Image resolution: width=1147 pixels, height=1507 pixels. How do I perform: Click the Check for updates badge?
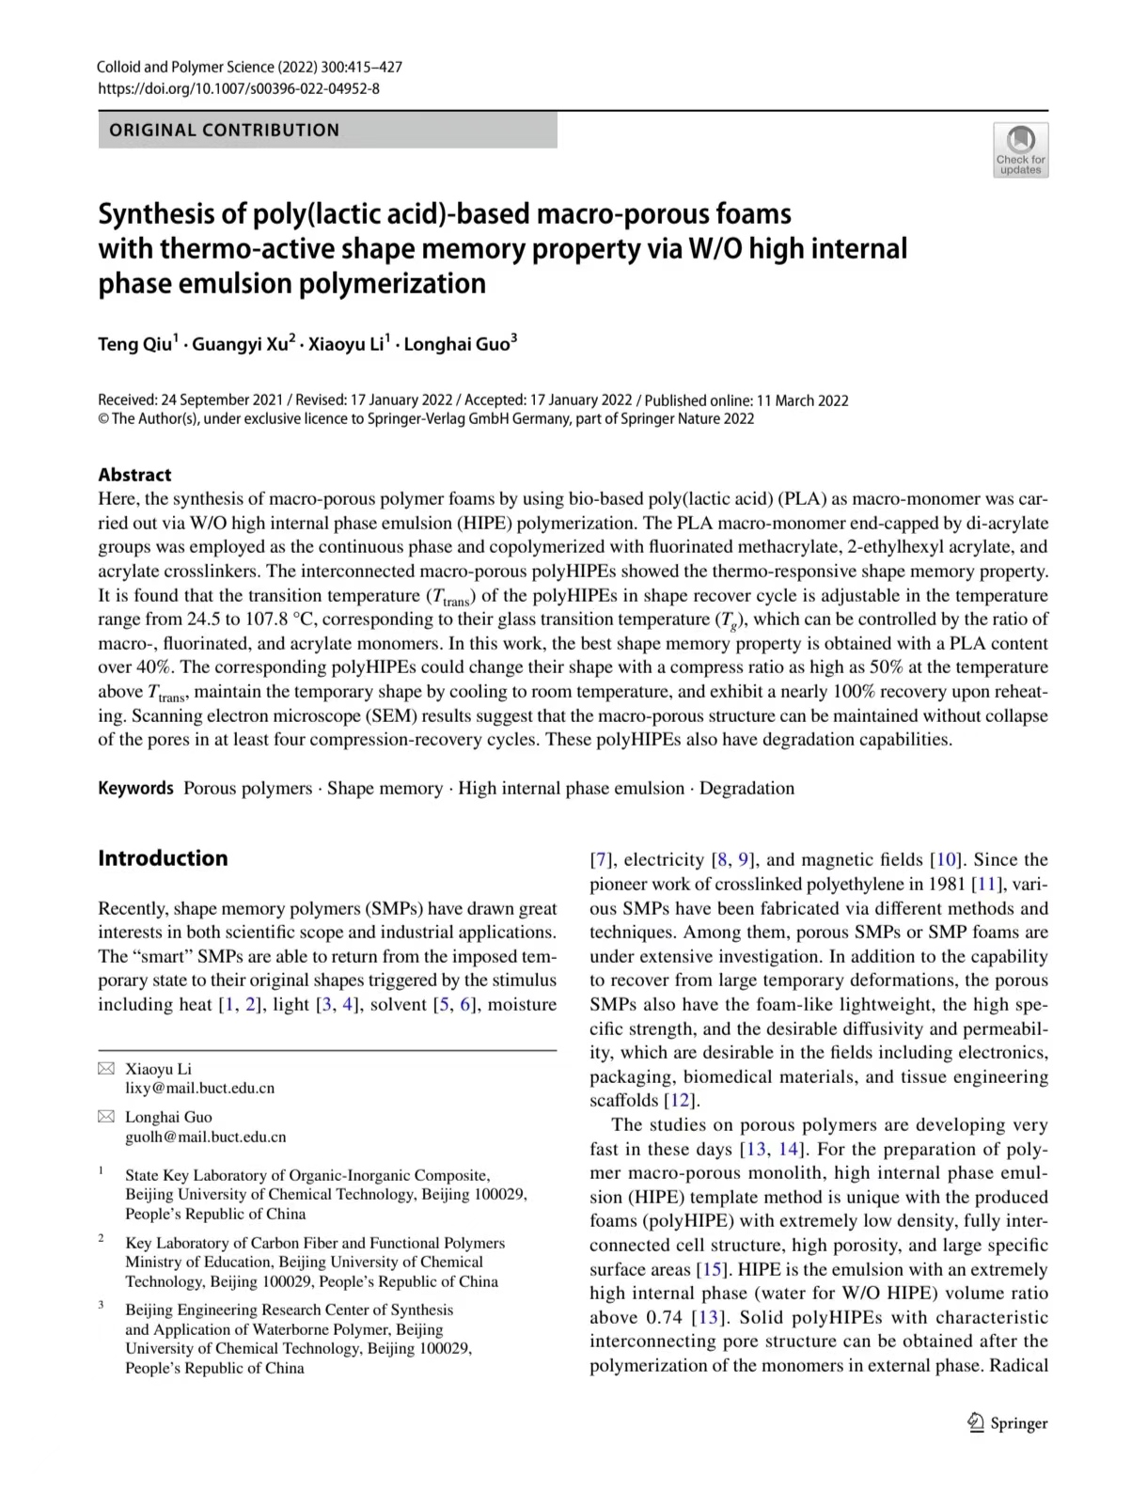click(x=1020, y=149)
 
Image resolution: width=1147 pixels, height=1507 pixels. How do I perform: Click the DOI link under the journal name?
click(x=239, y=89)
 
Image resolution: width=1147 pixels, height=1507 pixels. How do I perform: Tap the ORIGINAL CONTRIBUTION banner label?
click(x=224, y=131)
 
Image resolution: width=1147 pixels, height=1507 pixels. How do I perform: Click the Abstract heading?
click(x=134, y=475)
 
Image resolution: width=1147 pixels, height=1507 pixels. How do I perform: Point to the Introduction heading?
click(x=163, y=858)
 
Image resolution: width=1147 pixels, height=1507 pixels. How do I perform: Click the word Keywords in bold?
click(x=135, y=789)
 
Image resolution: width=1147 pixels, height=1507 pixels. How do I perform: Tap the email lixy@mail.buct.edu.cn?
click(x=200, y=1089)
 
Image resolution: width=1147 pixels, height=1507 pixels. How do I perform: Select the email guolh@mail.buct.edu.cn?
click(x=206, y=1137)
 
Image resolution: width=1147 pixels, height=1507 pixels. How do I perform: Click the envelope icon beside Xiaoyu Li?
click(x=107, y=1069)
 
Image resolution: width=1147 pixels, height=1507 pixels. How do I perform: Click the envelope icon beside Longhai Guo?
click(x=107, y=1117)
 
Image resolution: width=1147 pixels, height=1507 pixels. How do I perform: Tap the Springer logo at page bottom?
click(x=1007, y=1423)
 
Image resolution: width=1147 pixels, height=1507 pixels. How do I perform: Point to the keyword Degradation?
click(x=746, y=789)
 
